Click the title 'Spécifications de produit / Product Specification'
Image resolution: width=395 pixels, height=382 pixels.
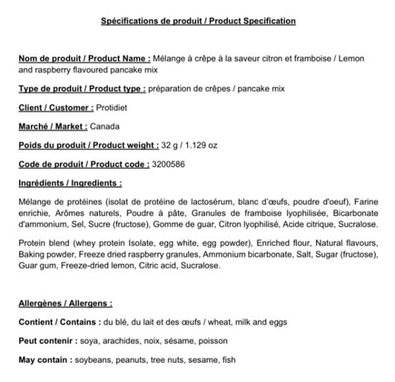pos(197,21)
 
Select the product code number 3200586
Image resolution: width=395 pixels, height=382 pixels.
pos(168,164)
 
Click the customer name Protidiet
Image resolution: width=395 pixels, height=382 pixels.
pos(112,107)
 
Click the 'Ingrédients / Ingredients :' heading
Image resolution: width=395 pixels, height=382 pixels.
pos(70,183)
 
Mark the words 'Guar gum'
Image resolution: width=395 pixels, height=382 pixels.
pos(38,266)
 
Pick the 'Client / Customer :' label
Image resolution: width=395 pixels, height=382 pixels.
pos(57,107)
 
